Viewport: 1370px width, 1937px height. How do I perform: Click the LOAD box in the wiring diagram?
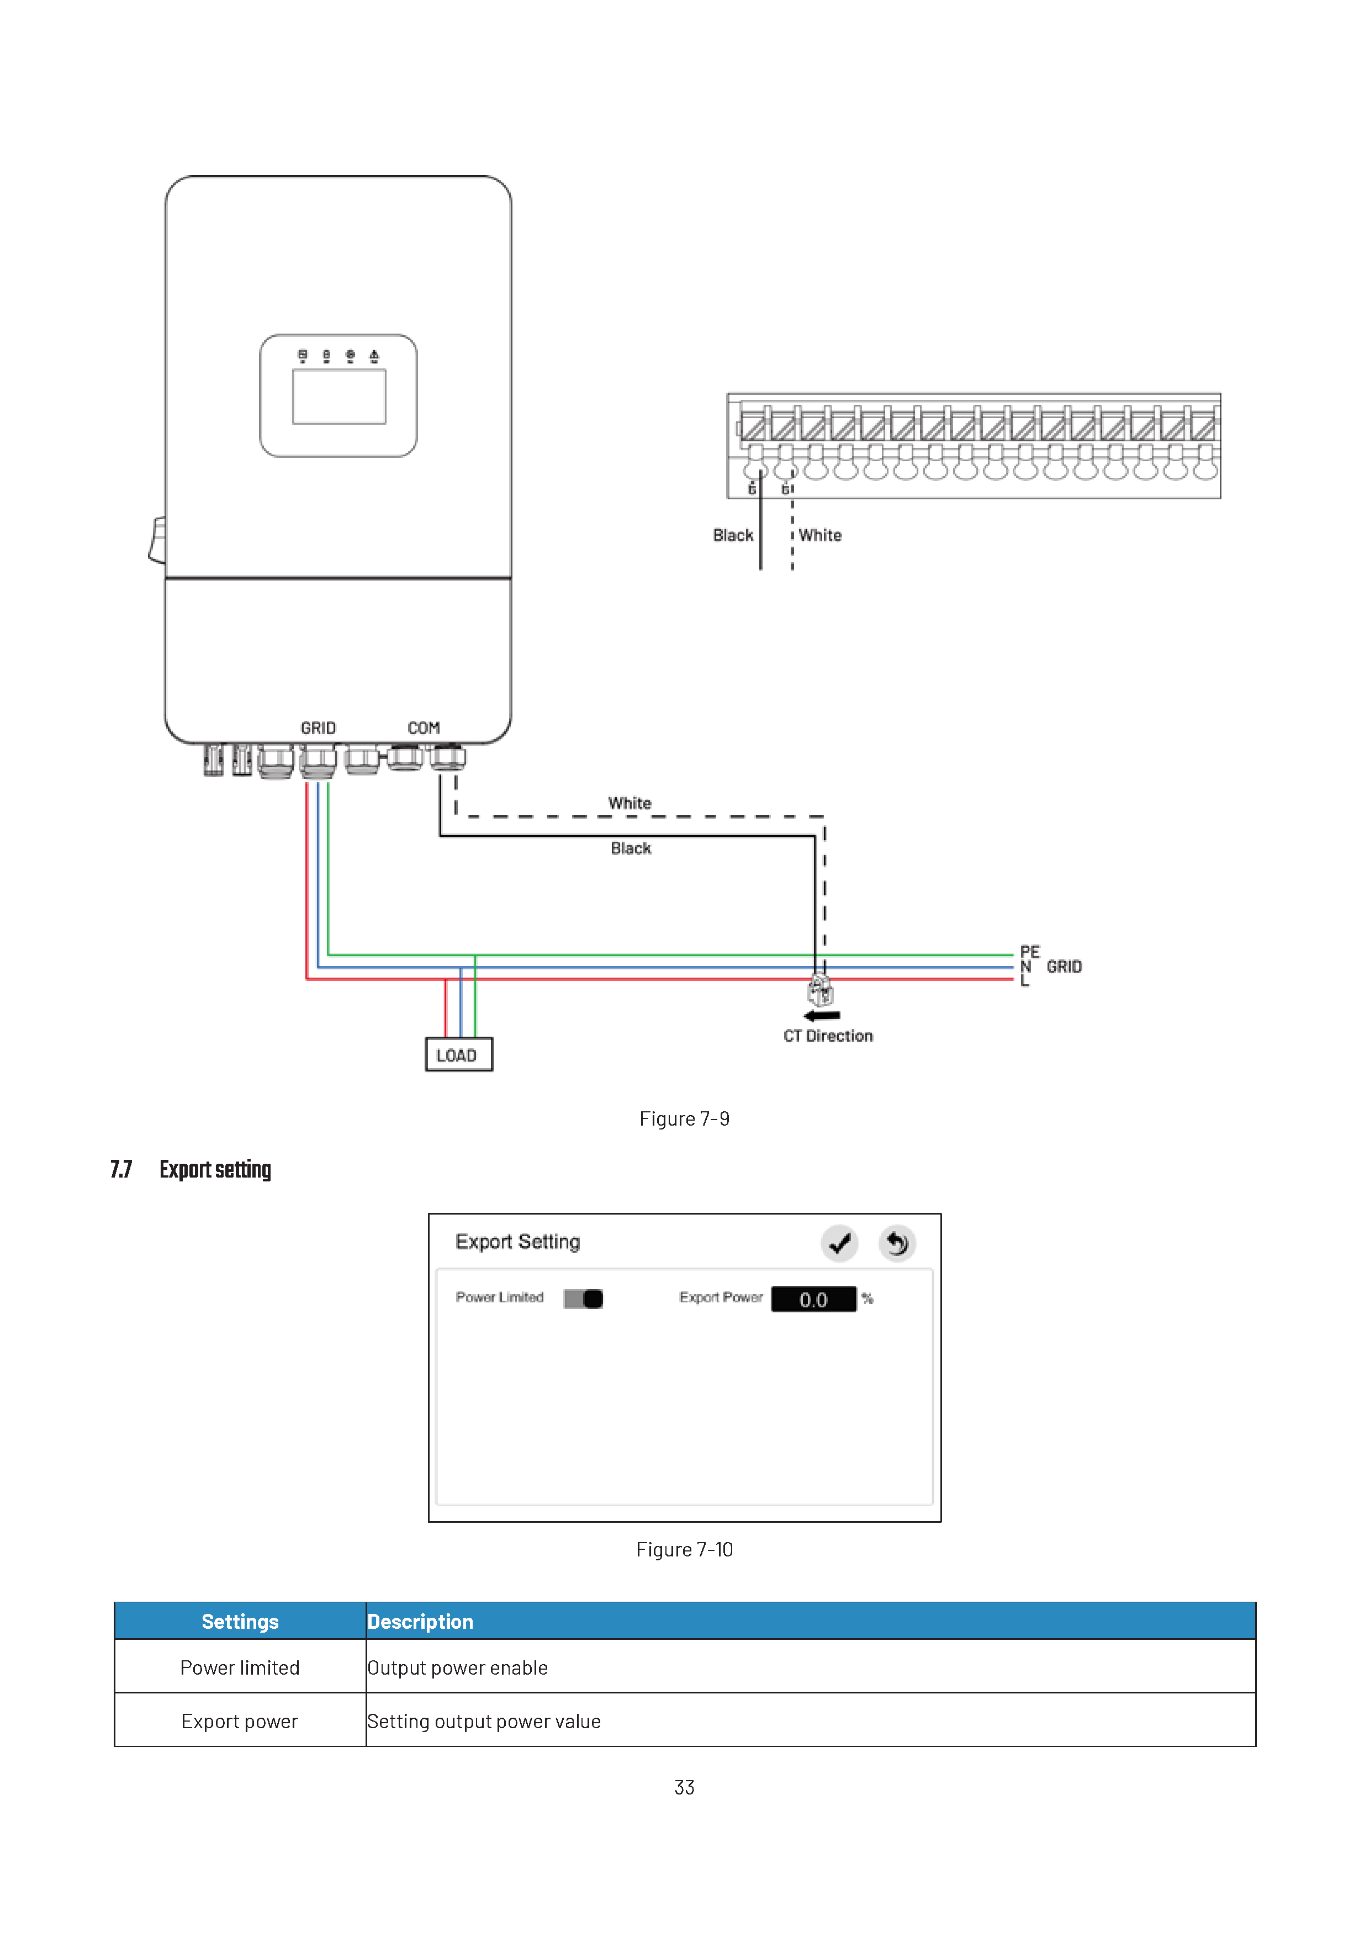coord(459,1054)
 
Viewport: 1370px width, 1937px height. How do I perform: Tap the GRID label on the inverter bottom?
coord(318,728)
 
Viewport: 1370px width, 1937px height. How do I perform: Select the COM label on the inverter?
coord(424,728)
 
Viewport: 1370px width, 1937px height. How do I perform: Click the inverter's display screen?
coord(339,397)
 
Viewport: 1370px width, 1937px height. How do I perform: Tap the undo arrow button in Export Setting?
coord(897,1243)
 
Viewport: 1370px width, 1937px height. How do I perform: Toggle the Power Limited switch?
coord(584,1299)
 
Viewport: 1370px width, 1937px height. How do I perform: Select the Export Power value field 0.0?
coord(813,1299)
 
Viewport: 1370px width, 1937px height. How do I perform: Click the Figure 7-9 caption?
coord(684,1118)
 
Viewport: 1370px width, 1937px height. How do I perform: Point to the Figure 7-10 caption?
coord(684,1550)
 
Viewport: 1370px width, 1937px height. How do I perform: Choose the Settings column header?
coord(240,1622)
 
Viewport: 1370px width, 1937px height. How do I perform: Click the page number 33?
coord(684,1788)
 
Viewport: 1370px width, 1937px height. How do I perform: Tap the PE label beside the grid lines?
coord(1029,952)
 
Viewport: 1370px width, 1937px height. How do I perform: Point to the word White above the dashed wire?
coord(630,803)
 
